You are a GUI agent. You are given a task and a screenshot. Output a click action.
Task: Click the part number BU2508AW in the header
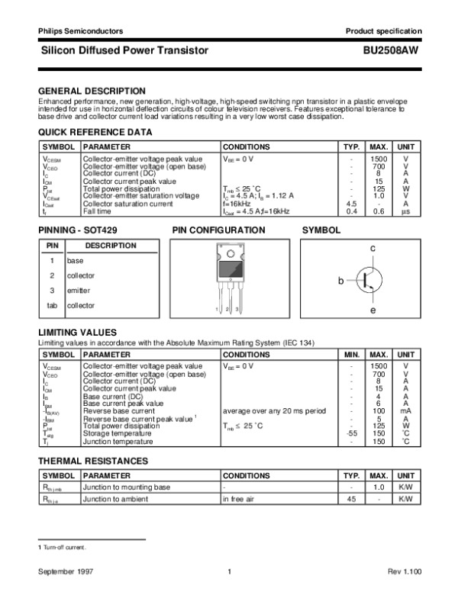[x=396, y=50]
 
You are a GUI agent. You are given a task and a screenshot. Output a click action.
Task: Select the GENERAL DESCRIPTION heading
[x=92, y=91]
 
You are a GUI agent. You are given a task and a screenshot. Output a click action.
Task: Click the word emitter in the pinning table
[x=79, y=291]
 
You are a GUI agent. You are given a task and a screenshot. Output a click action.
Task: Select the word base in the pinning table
[x=75, y=260]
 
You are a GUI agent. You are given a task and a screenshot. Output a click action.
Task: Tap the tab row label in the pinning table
[x=52, y=305]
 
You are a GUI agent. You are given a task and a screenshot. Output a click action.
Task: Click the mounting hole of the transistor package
[x=227, y=253]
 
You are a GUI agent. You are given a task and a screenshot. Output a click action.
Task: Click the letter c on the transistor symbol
[x=373, y=249]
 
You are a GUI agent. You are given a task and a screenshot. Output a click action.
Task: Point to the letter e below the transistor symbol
[x=373, y=311]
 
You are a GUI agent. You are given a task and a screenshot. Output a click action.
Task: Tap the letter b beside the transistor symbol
[x=341, y=282]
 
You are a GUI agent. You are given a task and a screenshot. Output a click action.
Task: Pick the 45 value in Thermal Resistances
[x=351, y=499]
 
